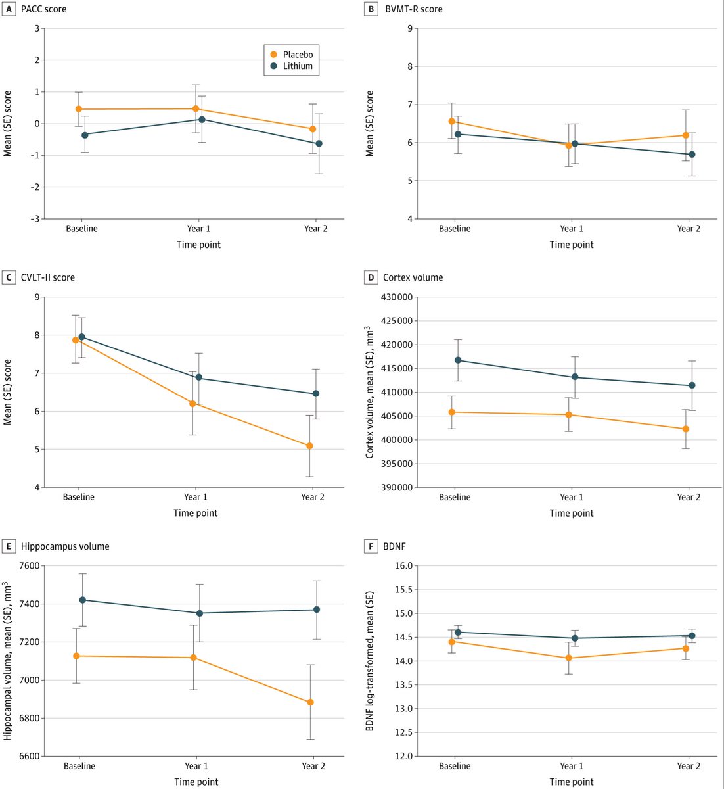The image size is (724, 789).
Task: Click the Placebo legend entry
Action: point(291,55)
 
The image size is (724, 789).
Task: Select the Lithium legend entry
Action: point(291,66)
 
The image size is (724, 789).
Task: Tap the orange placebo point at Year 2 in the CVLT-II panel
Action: point(309,446)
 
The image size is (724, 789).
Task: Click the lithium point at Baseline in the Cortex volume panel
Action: point(458,360)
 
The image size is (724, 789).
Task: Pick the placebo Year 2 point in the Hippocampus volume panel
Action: point(311,702)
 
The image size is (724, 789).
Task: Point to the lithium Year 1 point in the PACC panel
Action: point(202,119)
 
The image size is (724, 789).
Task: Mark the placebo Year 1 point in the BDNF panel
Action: point(568,657)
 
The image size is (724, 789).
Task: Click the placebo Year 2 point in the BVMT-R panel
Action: point(685,135)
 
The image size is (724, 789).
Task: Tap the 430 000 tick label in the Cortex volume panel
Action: point(397,297)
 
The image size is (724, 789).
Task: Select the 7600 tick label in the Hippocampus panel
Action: point(30,566)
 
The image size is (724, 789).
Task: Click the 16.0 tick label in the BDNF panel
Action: point(404,566)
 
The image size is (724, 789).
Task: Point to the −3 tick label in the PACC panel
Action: point(35,219)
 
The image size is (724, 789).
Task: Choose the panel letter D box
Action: point(371,277)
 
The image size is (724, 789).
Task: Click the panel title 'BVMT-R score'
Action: point(413,9)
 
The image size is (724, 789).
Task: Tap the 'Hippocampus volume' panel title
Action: point(65,546)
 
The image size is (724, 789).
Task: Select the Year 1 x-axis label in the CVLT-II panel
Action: point(195,497)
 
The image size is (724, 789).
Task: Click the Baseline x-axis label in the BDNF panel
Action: point(455,766)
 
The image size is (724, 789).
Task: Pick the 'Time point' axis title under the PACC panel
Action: point(198,245)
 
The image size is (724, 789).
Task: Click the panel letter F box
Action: point(371,546)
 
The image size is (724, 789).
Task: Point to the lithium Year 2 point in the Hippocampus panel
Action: point(317,610)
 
